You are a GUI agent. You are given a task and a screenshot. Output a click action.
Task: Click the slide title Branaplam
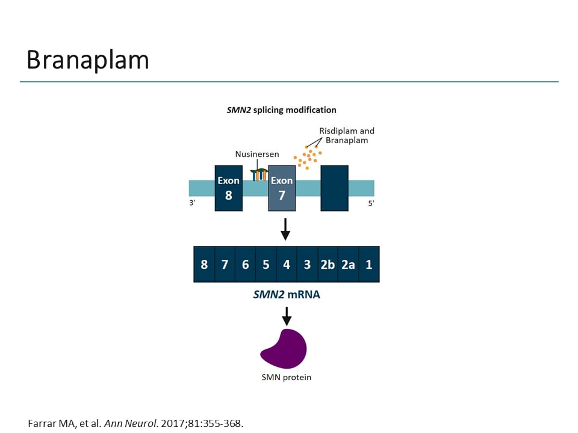click(87, 60)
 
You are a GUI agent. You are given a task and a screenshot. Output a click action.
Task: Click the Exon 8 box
click(229, 188)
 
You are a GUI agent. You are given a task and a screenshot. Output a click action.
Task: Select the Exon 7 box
click(282, 188)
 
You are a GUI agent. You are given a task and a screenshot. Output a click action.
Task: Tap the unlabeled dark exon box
click(334, 188)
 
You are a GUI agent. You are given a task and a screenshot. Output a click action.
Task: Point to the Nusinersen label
click(257, 155)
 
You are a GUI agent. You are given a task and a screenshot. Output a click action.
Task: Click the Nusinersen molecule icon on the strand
click(259, 174)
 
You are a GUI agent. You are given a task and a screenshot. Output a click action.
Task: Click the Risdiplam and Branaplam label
click(346, 135)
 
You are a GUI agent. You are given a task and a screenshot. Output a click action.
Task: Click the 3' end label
click(192, 203)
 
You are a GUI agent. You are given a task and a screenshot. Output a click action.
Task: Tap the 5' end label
click(371, 203)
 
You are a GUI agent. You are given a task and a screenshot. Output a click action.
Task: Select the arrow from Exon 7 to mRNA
click(286, 228)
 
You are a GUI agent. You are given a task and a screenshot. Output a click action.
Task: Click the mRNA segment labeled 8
click(204, 264)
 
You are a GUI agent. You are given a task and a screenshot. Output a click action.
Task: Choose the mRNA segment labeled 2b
click(328, 264)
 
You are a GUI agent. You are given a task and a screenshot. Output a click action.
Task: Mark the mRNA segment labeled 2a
click(348, 264)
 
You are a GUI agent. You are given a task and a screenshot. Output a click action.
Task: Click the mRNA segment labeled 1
click(369, 264)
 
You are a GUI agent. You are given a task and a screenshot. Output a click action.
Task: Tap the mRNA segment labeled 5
click(266, 264)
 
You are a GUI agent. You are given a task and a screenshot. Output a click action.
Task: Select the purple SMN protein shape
click(284, 348)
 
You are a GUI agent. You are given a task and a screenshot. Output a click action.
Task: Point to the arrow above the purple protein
click(287, 316)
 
